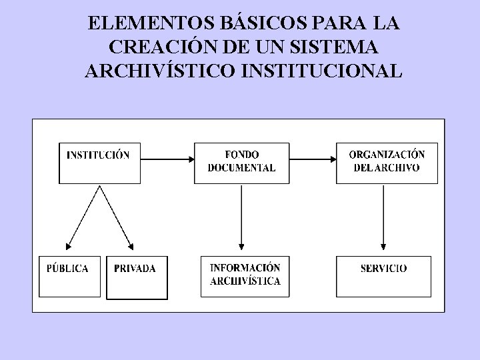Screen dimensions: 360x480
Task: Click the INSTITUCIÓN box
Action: [99, 162]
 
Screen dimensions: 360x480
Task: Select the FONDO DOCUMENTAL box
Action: [241, 162]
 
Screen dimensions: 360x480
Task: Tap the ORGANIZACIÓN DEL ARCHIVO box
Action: [387, 162]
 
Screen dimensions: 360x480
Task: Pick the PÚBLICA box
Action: [69, 275]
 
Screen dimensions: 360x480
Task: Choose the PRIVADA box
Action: [136, 275]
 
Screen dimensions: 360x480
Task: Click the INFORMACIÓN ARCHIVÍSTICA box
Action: [245, 275]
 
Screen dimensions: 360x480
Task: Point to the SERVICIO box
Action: [383, 275]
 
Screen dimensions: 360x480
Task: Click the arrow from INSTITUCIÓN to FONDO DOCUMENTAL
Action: [167, 159]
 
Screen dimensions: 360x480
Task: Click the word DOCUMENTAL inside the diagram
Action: [241, 169]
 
